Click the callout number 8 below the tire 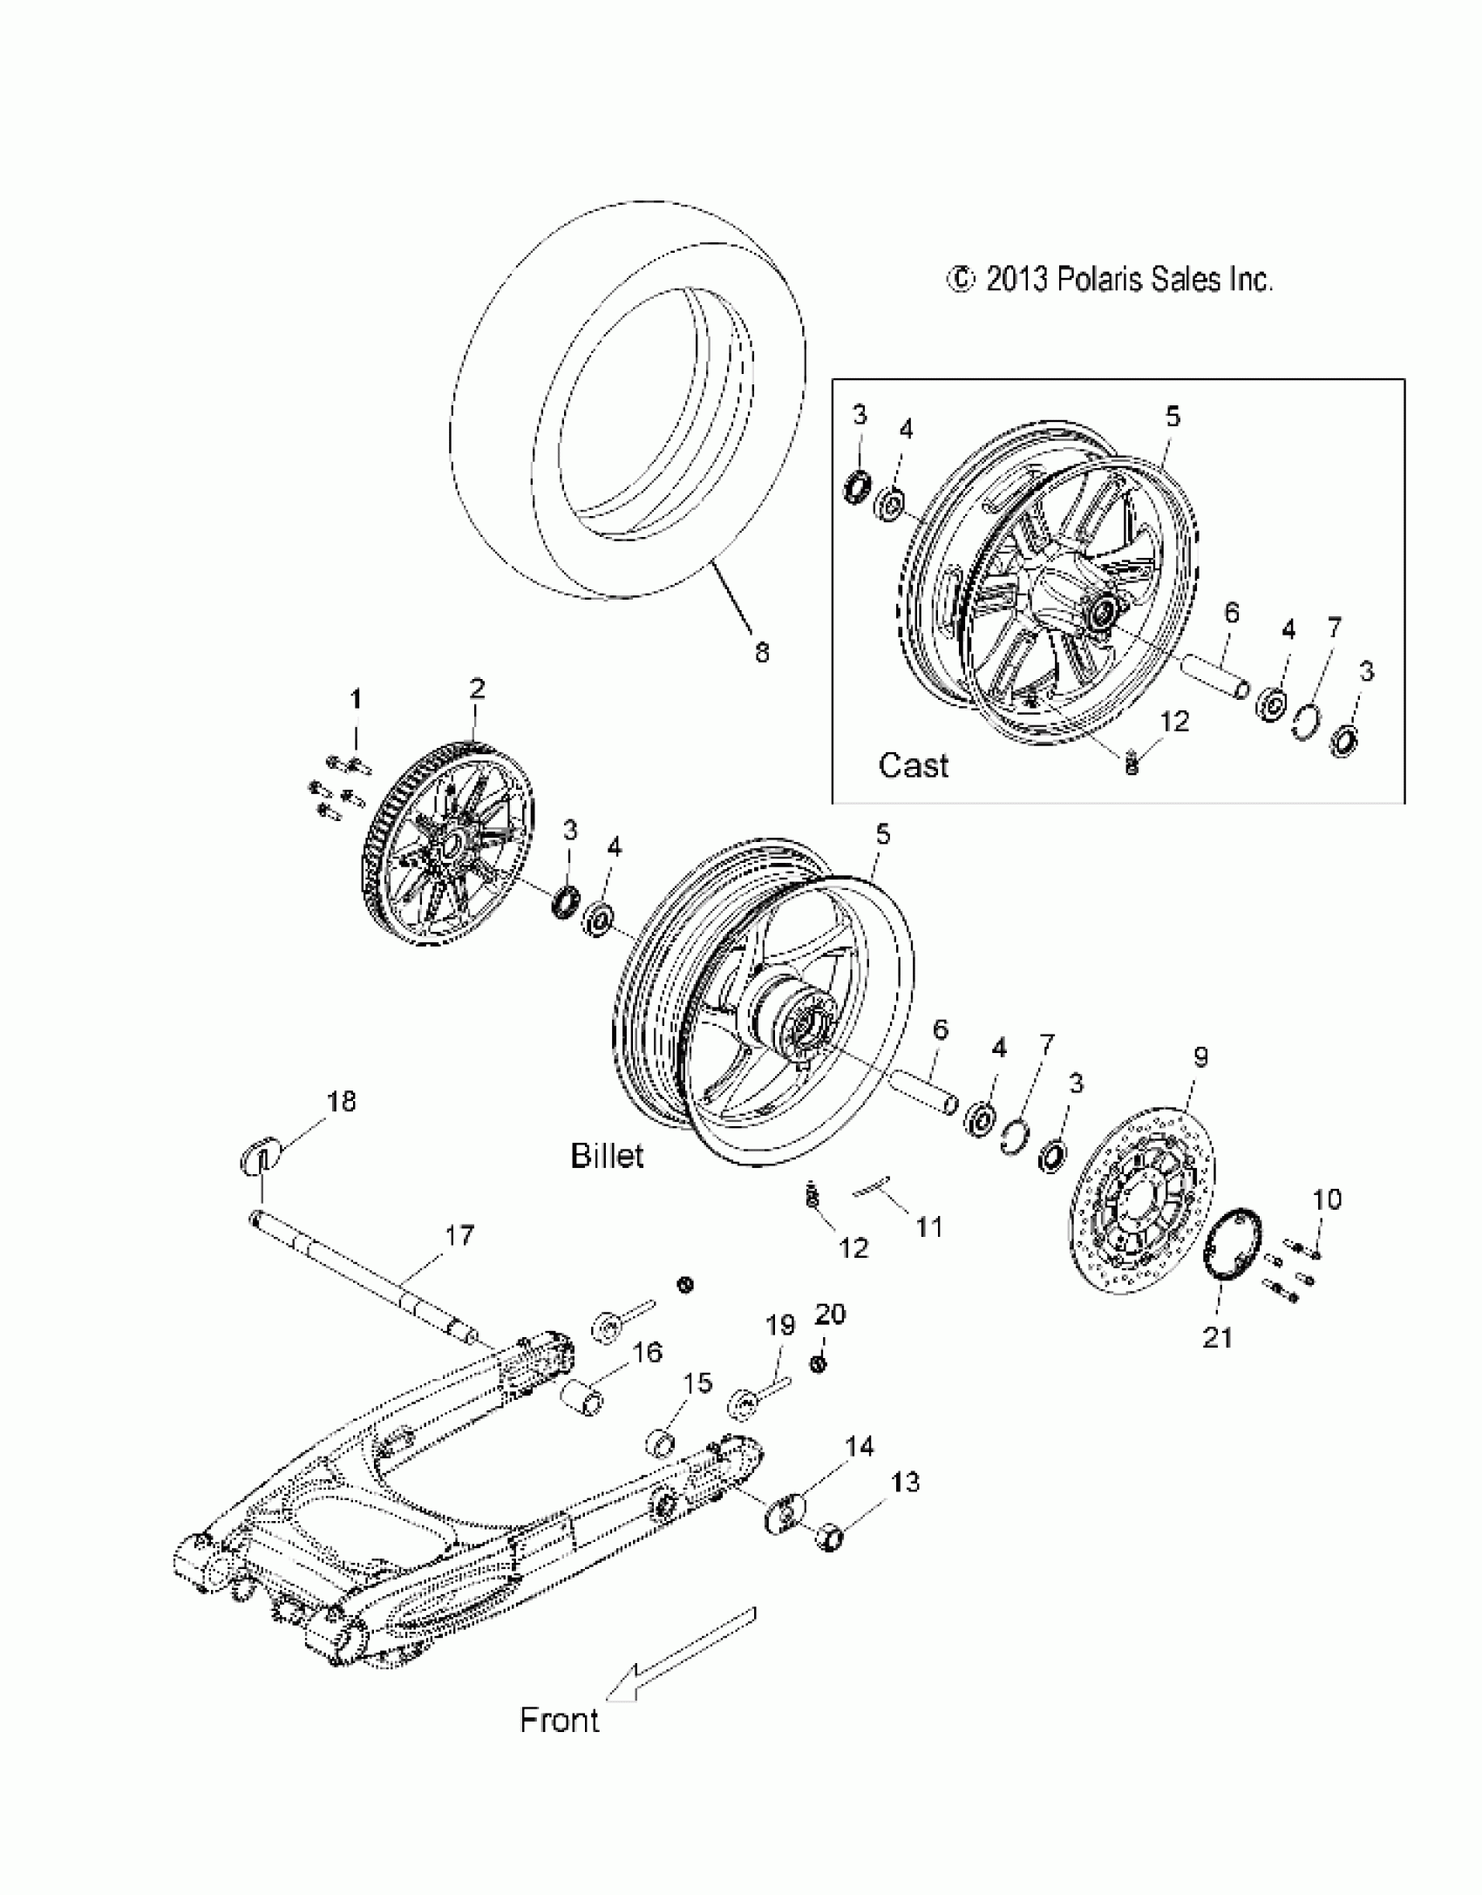coord(761,653)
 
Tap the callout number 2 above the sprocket coord(476,689)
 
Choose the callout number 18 coord(341,1101)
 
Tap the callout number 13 coord(906,1482)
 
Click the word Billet coord(607,1156)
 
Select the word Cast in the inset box coord(913,765)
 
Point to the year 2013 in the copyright coord(1018,280)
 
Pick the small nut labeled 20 coord(819,1363)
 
